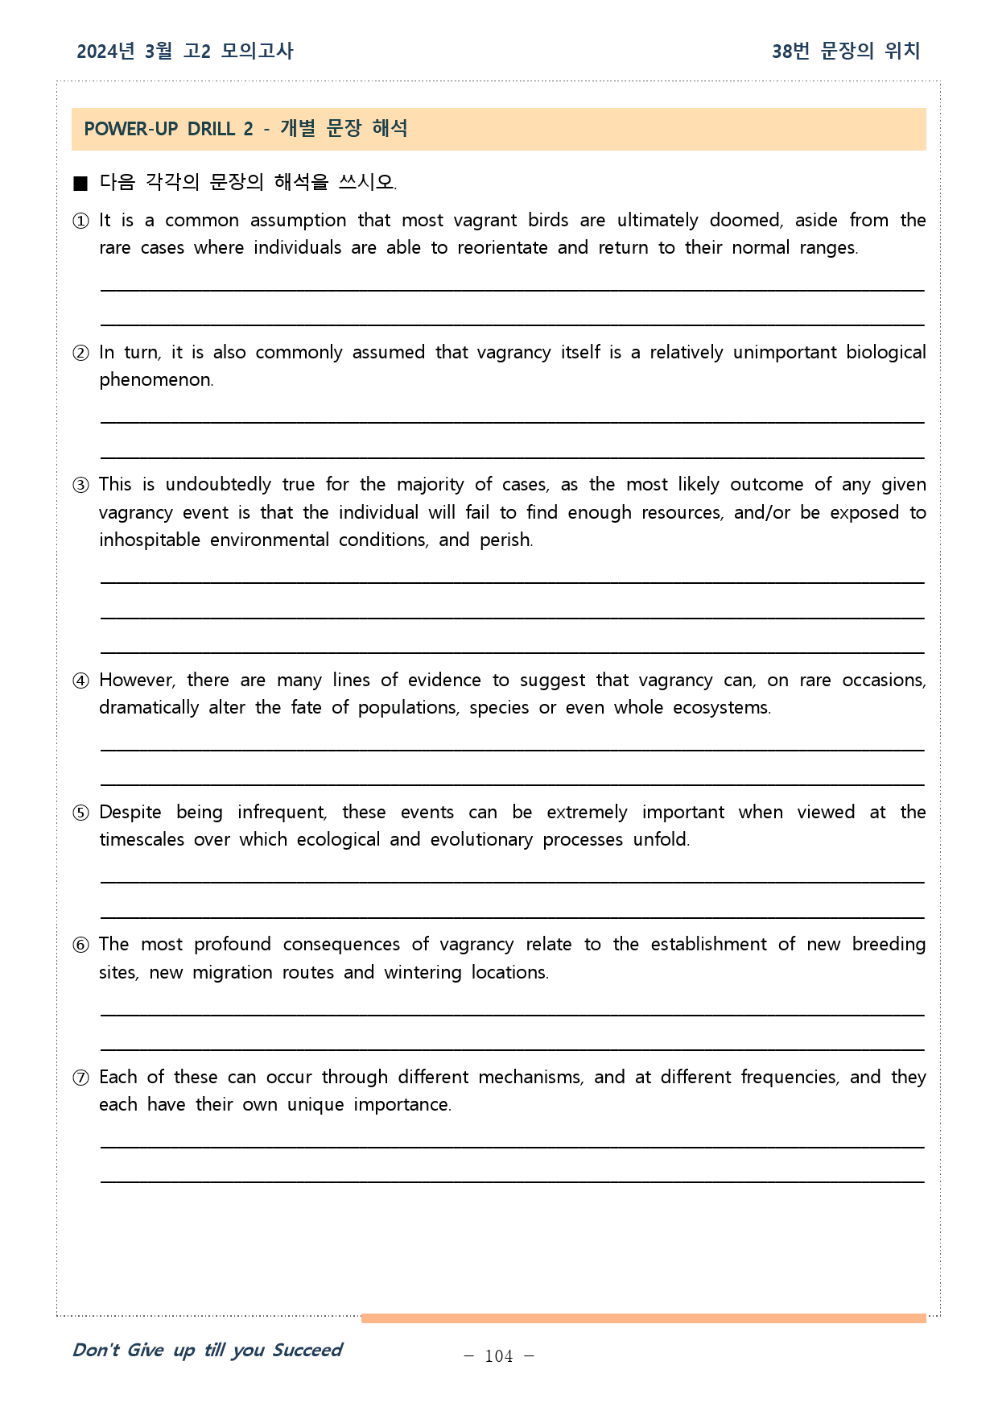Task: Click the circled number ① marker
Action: [80, 221]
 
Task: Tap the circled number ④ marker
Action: [80, 681]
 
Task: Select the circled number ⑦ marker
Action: [80, 1078]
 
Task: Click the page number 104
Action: [499, 1356]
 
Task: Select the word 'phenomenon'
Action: [156, 380]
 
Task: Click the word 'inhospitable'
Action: [150, 540]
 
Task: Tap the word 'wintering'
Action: [423, 973]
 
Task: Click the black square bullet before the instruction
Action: [80, 183]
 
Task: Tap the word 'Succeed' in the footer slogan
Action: [307, 1350]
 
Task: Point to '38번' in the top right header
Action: [790, 52]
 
